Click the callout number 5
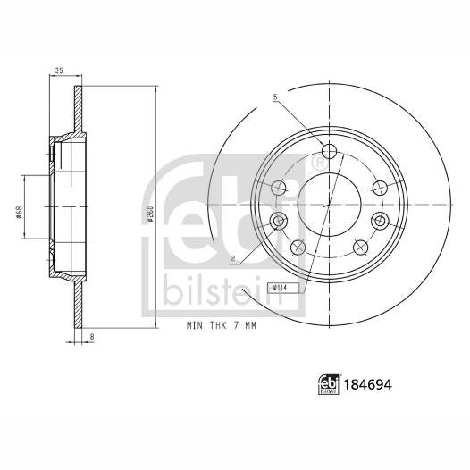pyautogui.click(x=276, y=97)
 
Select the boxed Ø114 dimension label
pyautogui.click(x=278, y=288)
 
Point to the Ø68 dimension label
pyautogui.click(x=19, y=211)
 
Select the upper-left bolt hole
pyautogui.click(x=279, y=187)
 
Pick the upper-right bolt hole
pyautogui.click(x=380, y=187)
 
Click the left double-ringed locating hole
pyautogui.click(x=278, y=221)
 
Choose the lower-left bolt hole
pyautogui.click(x=298, y=247)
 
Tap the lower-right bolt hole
pyautogui.click(x=361, y=247)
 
